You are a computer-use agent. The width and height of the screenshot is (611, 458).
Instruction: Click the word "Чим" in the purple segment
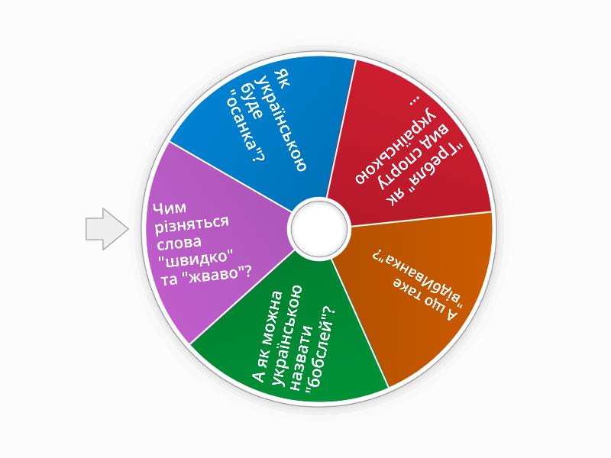(x=170, y=208)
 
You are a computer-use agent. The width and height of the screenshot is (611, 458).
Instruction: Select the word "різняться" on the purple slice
(x=192, y=224)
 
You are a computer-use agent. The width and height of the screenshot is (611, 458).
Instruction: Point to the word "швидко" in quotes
(x=197, y=258)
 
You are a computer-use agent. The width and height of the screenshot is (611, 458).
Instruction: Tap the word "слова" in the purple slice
(x=179, y=243)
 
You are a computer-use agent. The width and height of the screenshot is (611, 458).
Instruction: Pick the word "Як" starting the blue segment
(x=282, y=79)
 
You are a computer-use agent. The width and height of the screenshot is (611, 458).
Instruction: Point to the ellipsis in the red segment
(x=416, y=101)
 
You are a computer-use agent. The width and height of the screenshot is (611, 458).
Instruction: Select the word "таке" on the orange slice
(x=406, y=289)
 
